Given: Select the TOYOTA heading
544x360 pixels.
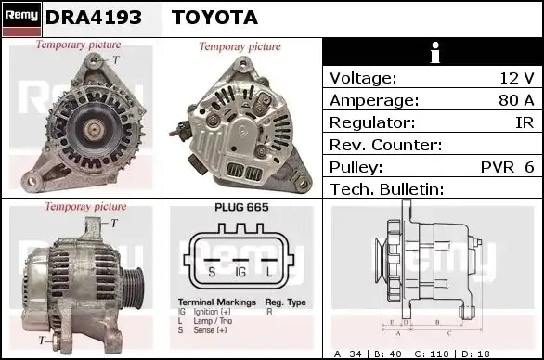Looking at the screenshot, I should coord(215,18).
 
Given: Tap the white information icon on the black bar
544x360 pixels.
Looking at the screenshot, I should coord(432,52).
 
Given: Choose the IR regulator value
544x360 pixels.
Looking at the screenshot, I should coord(525,123).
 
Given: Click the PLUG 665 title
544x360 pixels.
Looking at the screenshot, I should coord(241,209).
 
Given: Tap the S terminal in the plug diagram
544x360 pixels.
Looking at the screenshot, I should coord(212,271).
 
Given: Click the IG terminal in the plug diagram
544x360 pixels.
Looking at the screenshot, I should coord(240,271).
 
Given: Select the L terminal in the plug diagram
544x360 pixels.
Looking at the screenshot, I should coord(269,271).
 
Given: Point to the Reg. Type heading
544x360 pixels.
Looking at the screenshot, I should coord(285,302).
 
